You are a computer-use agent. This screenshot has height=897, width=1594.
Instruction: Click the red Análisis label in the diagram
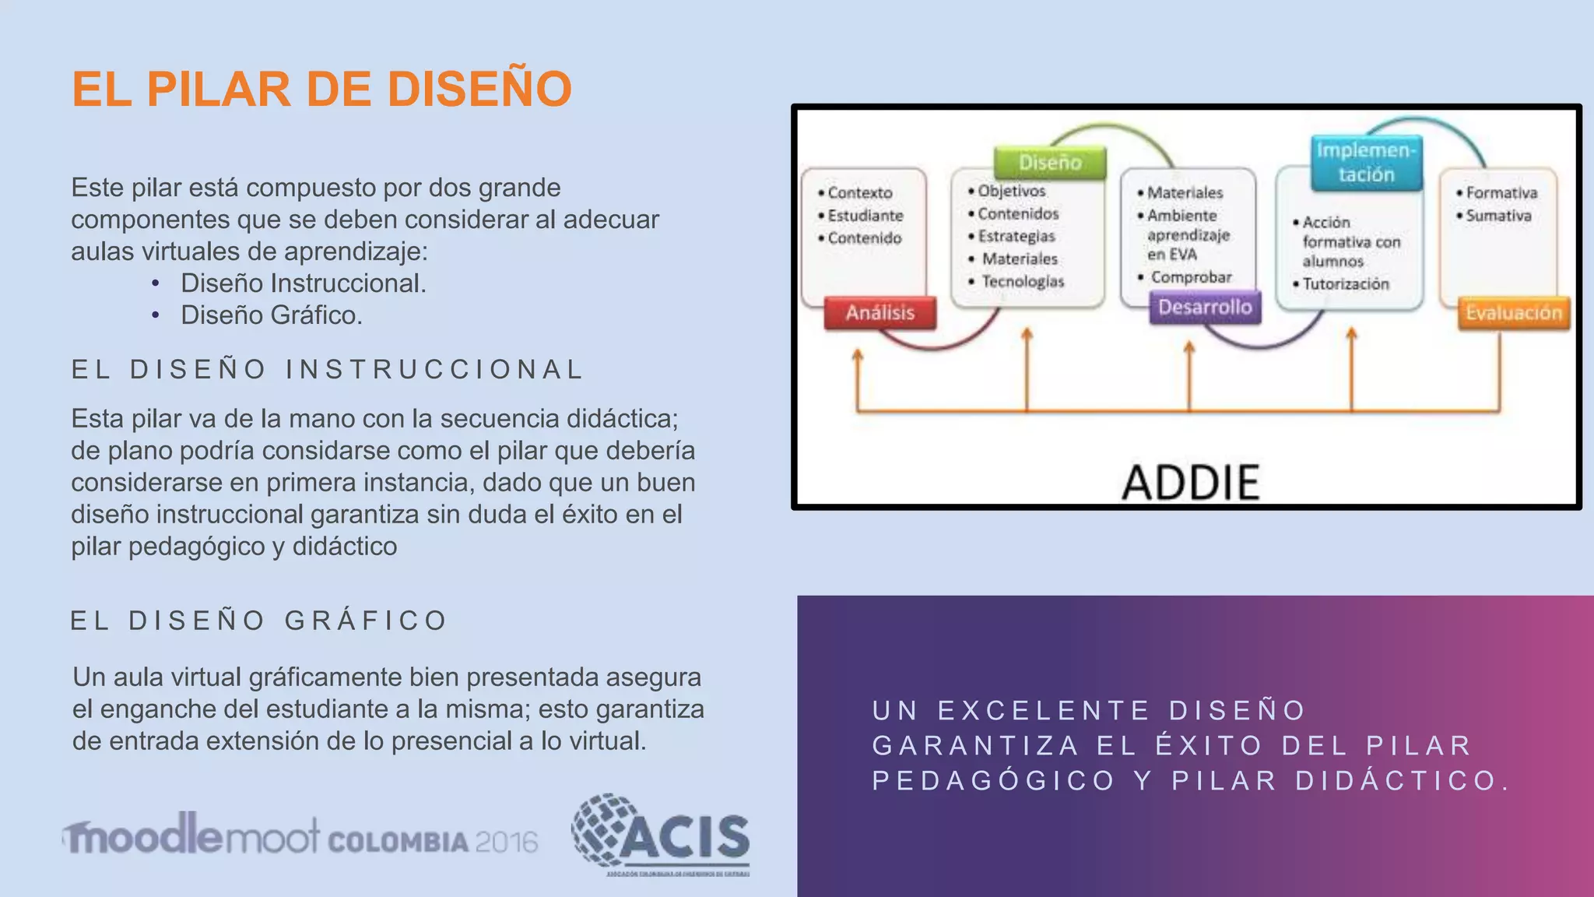tap(880, 313)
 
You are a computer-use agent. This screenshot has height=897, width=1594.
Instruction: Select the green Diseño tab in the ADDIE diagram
tap(1050, 162)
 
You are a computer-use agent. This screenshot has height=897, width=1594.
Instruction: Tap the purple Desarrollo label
tap(1205, 308)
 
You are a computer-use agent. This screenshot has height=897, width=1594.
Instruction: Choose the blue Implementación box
tap(1366, 163)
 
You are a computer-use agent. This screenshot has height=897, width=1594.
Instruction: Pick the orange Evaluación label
tap(1514, 313)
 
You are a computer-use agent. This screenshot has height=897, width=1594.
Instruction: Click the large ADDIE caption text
tap(1191, 483)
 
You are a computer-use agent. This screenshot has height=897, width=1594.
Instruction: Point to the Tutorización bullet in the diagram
tap(1345, 284)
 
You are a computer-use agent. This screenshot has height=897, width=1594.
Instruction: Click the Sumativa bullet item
tap(1497, 216)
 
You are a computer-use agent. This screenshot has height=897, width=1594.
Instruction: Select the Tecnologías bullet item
tap(1022, 281)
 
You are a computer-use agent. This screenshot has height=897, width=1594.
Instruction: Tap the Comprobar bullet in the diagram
tap(1190, 277)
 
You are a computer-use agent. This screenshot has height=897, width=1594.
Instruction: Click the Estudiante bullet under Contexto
tap(865, 216)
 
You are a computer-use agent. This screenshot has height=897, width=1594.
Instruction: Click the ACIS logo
tap(662, 835)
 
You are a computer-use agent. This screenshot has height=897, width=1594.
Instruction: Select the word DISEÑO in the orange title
tap(479, 89)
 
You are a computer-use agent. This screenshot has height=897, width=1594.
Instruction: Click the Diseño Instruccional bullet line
tap(304, 283)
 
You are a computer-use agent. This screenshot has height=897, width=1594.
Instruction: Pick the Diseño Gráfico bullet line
tap(272, 315)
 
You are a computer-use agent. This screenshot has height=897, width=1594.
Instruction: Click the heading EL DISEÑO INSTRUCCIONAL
tap(327, 369)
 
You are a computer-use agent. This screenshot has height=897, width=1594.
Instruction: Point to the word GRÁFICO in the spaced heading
tap(366, 621)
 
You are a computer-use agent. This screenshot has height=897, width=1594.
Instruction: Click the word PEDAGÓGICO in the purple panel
tap(994, 781)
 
